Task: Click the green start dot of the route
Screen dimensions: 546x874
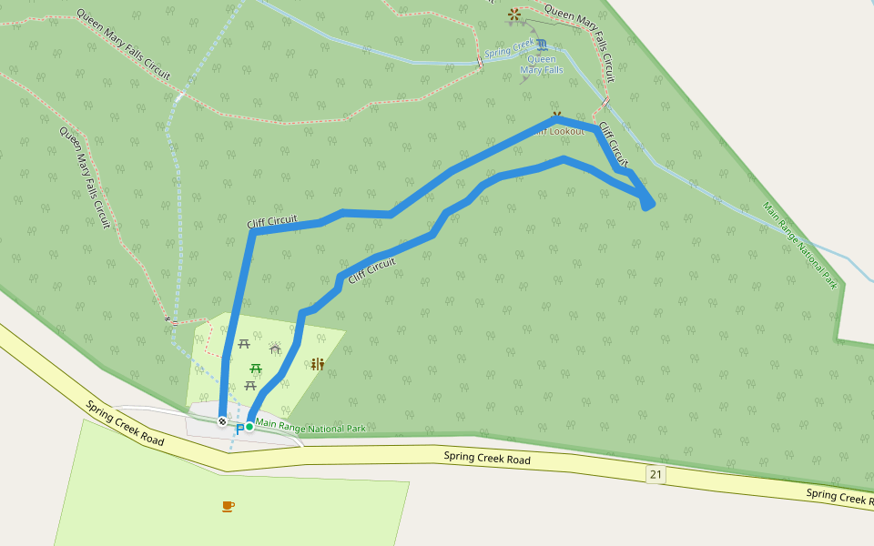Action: (249, 426)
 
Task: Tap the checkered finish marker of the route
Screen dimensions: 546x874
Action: (222, 420)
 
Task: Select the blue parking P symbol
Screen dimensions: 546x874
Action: (239, 429)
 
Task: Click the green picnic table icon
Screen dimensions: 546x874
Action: (256, 369)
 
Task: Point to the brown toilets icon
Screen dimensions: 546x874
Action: (318, 364)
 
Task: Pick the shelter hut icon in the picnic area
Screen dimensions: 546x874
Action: (275, 349)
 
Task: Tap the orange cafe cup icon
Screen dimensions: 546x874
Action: (228, 506)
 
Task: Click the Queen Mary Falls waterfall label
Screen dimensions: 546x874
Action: (541, 65)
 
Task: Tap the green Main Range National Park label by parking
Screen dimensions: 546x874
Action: (310, 424)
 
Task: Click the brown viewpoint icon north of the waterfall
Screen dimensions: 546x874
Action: (515, 14)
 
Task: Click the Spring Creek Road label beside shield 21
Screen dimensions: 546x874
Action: (487, 459)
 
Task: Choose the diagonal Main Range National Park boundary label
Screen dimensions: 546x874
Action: (799, 245)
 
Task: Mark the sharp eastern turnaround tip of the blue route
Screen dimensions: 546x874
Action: (649, 206)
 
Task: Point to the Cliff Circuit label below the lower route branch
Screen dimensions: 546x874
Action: (372, 269)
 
